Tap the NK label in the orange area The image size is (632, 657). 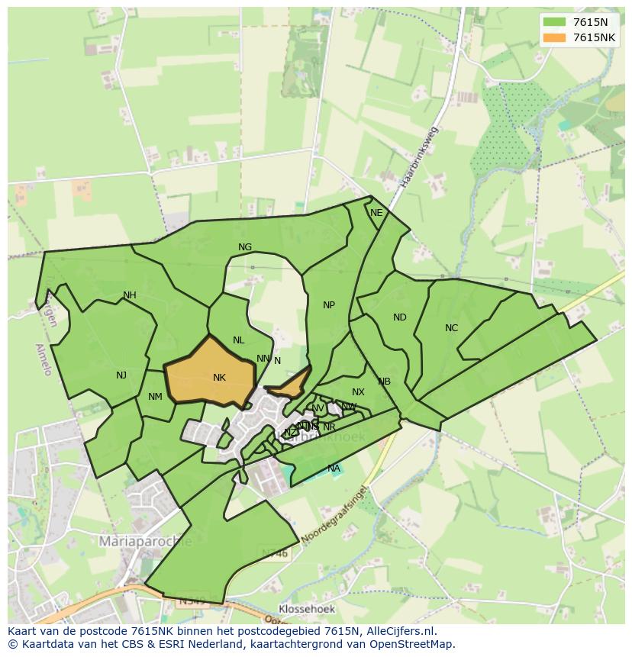coord(219,378)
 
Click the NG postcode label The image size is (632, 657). coord(245,247)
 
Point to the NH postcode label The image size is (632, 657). coord(130,295)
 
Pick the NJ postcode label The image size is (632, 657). coord(121,375)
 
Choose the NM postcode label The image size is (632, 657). coord(155,396)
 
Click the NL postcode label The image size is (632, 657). coord(239,340)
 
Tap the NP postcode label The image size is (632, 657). coord(329,305)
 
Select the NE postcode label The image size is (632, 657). coord(376,213)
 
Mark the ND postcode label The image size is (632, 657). coord(400,317)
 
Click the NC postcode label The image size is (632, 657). coord(451,328)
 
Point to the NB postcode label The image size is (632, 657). coord(384,382)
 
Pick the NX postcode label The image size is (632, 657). coord(358,392)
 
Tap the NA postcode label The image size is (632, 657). coord(334,468)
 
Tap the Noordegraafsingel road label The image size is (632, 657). coord(334,514)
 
